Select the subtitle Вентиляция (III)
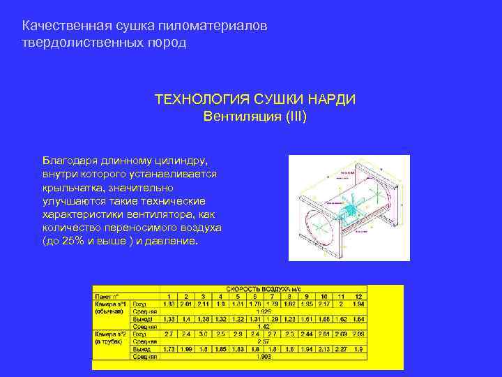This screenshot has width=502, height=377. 255,115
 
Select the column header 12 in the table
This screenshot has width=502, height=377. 358,296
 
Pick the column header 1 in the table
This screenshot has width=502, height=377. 168,296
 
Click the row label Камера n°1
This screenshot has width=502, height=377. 111,304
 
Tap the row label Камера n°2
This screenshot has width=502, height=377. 111,334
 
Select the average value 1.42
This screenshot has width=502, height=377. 264,326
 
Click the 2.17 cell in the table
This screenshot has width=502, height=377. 324,304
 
